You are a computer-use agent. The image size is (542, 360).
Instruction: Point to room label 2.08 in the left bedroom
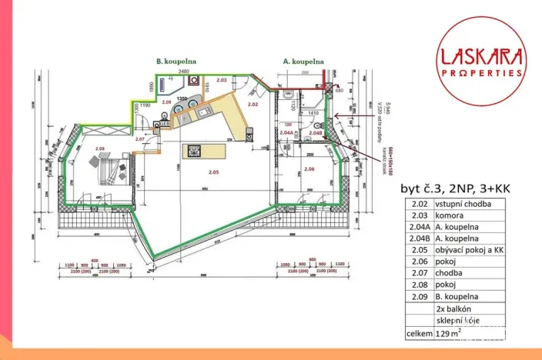(99, 148)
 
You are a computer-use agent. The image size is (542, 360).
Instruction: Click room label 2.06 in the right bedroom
(309, 168)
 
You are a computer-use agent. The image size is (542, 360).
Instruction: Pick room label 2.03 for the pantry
(221, 80)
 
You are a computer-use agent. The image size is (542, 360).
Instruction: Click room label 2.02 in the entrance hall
(252, 103)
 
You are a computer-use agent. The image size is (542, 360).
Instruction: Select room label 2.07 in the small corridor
(140, 139)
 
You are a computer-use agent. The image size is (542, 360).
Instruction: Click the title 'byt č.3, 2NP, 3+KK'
(455, 188)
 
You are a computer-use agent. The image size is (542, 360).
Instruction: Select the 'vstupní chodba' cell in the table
(470, 204)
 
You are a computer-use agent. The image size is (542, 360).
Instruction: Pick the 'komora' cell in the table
(470, 217)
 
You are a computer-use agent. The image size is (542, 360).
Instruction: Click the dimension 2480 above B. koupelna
(183, 71)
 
